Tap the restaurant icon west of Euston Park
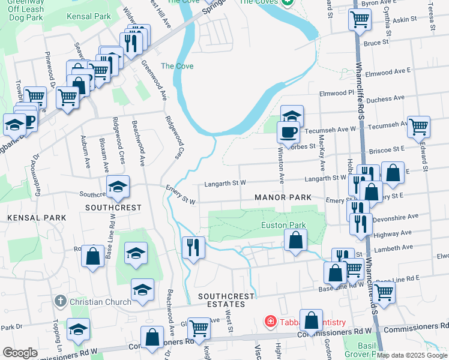[193, 247]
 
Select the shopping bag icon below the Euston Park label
[295, 241]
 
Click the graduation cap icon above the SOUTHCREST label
[118, 187]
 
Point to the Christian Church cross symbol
[59, 301]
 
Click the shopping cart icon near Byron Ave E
[359, 20]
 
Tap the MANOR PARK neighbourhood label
[283, 197]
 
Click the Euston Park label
[283, 226]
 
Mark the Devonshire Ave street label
[396, 218]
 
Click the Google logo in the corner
[20, 352]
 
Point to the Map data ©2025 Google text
[412, 355]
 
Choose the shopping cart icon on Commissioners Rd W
[198, 329]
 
